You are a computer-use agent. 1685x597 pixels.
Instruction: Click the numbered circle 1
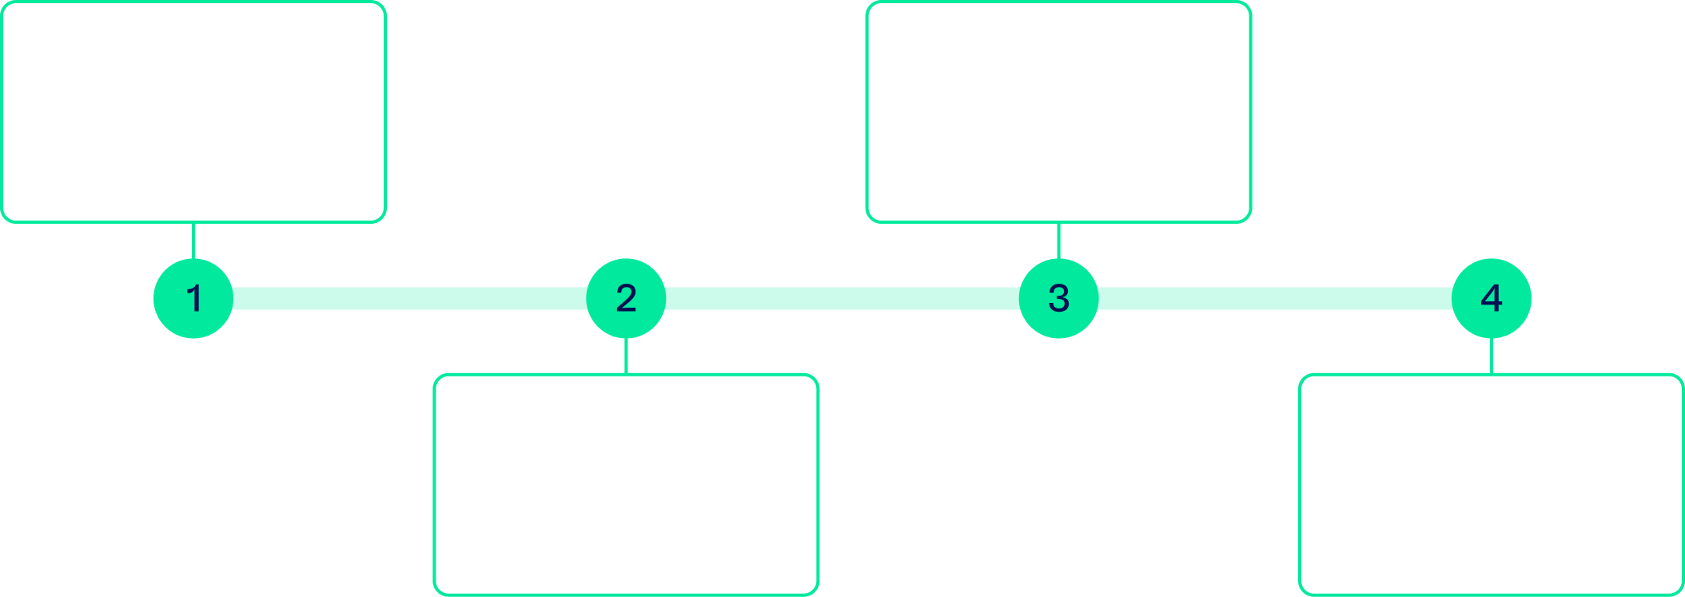(193, 298)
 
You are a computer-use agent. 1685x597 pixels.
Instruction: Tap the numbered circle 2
(626, 298)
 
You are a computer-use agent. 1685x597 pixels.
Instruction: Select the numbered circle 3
(1058, 298)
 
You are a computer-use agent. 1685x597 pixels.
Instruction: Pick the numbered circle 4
(1491, 298)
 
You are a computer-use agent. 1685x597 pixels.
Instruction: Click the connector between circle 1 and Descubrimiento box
(193, 240)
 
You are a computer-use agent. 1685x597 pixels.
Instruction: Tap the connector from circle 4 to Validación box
(1492, 356)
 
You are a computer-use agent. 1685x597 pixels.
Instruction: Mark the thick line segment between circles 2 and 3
(842, 298)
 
